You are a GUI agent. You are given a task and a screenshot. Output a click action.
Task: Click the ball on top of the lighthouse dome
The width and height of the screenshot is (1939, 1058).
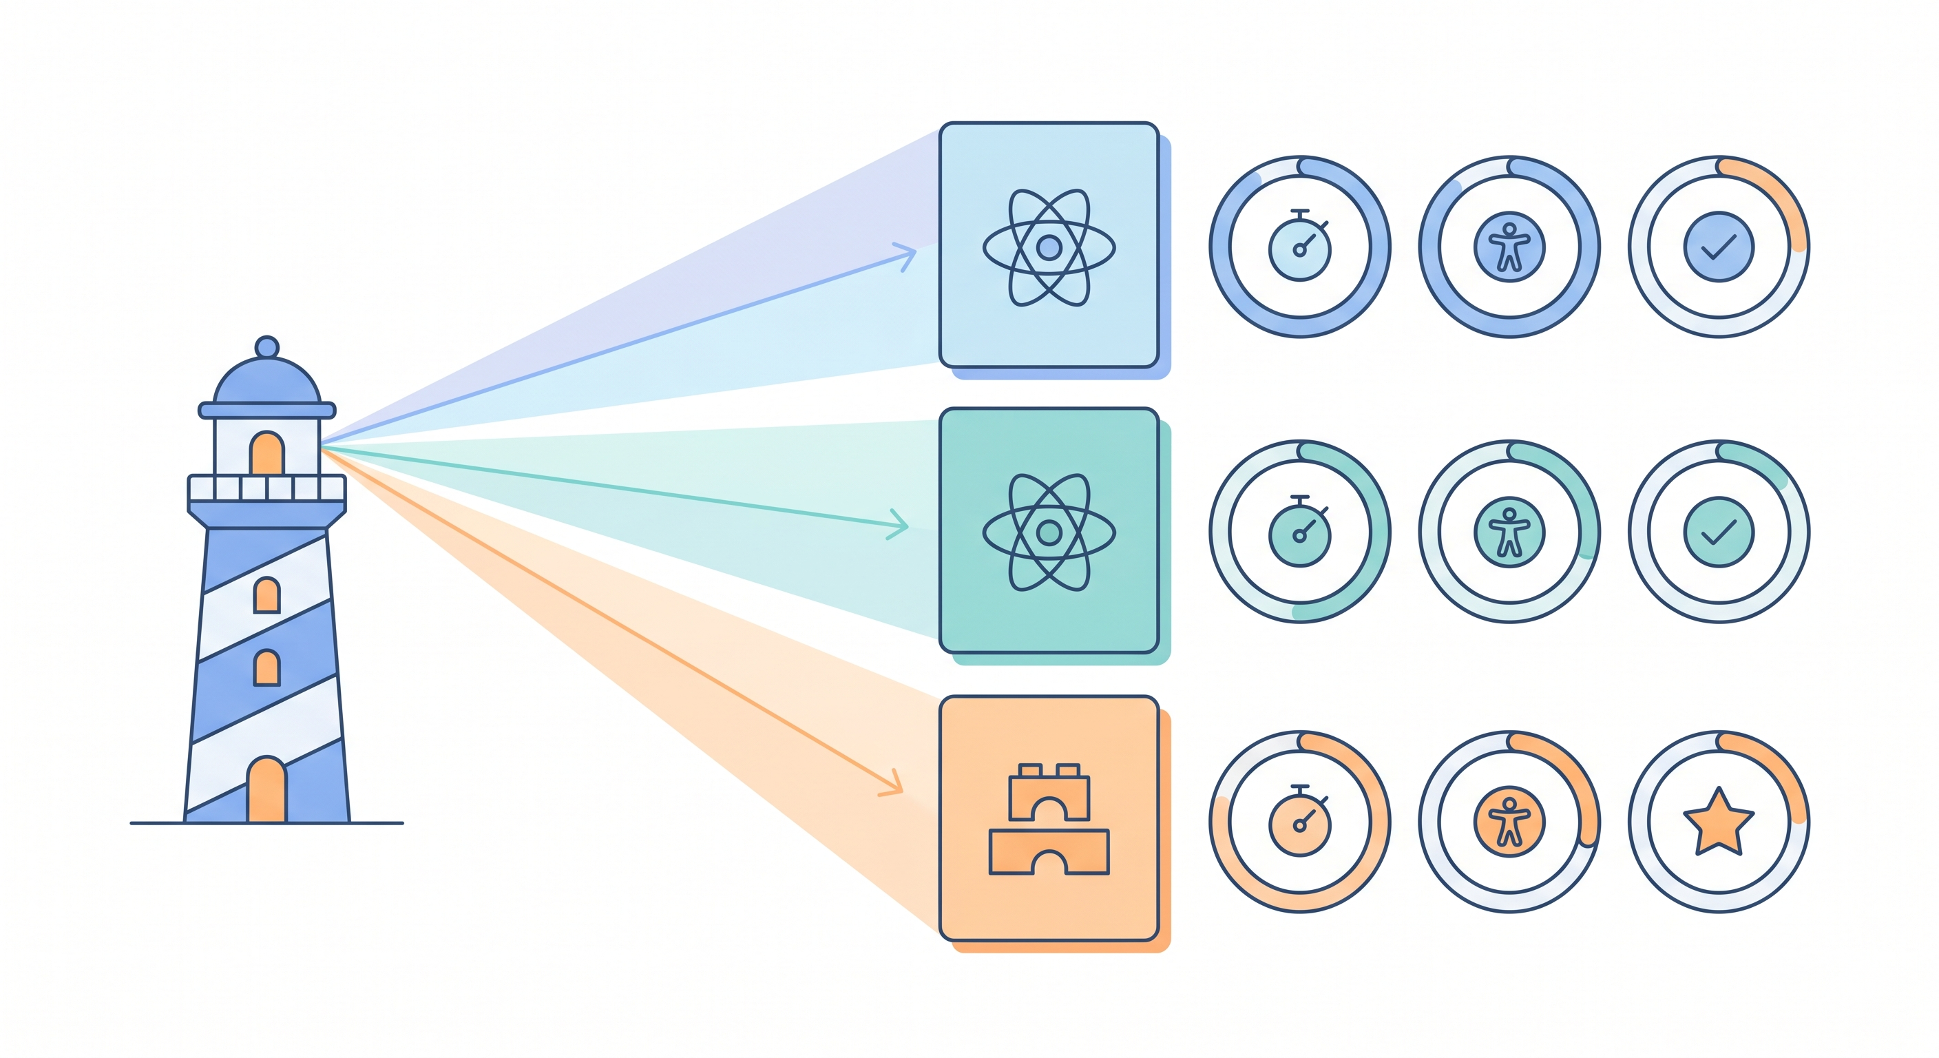tap(266, 347)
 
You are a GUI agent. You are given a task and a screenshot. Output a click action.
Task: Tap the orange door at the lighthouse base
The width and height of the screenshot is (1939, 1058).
tap(266, 791)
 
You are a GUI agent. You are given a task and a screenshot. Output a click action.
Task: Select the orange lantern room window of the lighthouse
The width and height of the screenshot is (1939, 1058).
tap(266, 453)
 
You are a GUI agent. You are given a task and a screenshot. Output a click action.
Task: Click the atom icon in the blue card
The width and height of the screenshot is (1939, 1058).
tap(1049, 247)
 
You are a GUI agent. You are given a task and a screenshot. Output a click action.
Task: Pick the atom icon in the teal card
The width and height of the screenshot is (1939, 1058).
tap(1049, 532)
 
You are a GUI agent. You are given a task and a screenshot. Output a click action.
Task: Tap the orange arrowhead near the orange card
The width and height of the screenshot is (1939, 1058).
tap(894, 784)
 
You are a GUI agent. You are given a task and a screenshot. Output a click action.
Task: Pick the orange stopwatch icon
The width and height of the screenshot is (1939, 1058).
tap(1300, 822)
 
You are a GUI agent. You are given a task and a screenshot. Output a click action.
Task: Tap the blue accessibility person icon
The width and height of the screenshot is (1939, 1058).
tap(1509, 247)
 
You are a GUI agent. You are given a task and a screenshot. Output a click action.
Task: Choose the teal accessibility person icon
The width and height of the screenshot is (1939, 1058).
tap(1509, 532)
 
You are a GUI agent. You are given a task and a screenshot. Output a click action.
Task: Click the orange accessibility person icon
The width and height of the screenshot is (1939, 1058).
tap(1509, 822)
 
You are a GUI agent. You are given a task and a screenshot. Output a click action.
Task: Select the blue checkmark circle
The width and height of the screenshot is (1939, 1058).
tap(1719, 247)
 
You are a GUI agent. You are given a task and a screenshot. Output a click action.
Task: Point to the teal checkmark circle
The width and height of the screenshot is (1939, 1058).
tap(1719, 532)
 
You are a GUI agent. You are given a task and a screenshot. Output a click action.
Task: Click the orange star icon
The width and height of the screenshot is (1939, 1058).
tap(1719, 822)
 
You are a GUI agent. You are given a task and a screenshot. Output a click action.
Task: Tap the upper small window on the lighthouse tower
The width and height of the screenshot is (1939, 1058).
tap(266, 595)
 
